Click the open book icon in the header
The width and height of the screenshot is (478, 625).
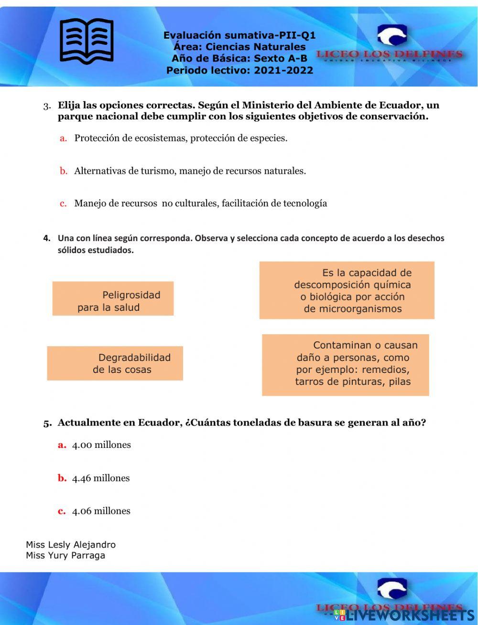pyautogui.click(x=87, y=41)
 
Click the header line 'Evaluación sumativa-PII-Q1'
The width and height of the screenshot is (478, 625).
pyautogui.click(x=239, y=35)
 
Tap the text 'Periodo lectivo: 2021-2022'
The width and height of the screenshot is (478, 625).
pyautogui.click(x=239, y=70)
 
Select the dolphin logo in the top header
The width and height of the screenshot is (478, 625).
pyautogui.click(x=392, y=36)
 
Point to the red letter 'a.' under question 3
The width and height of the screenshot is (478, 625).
pyautogui.click(x=63, y=138)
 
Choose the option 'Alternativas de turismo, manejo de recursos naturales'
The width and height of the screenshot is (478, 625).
pyautogui.click(x=190, y=171)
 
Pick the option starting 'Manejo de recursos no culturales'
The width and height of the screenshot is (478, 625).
pyautogui.click(x=200, y=203)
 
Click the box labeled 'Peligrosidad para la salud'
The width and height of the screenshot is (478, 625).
pyautogui.click(x=113, y=299)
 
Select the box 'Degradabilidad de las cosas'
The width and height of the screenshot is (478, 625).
pyautogui.click(x=115, y=363)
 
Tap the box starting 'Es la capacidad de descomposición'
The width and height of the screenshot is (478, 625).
pyautogui.click(x=347, y=290)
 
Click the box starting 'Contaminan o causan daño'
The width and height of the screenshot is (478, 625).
pyautogui.click(x=345, y=365)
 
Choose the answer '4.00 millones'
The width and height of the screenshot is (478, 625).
pyautogui.click(x=101, y=445)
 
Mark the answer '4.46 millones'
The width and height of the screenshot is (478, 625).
pyautogui.click(x=100, y=478)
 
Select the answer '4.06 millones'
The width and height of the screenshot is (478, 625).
pyautogui.click(x=101, y=511)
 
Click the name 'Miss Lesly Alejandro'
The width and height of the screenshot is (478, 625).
pyautogui.click(x=71, y=545)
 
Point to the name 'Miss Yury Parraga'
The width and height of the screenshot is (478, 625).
pyautogui.click(x=65, y=556)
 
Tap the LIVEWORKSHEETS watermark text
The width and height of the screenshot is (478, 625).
pyautogui.click(x=406, y=614)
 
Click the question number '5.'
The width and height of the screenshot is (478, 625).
pyautogui.click(x=47, y=424)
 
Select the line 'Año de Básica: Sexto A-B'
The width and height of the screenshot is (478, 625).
pyautogui.click(x=239, y=59)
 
